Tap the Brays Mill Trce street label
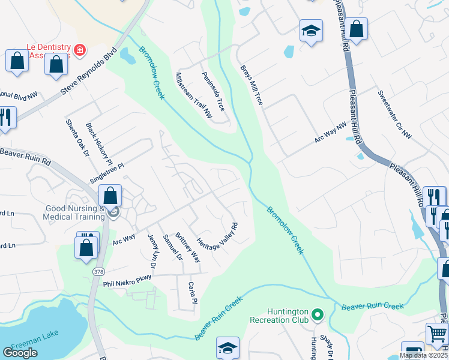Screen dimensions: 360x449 [252, 85]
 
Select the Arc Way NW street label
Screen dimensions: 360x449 [331, 134]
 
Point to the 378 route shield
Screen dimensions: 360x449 [98, 272]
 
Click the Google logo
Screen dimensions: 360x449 [20, 353]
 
